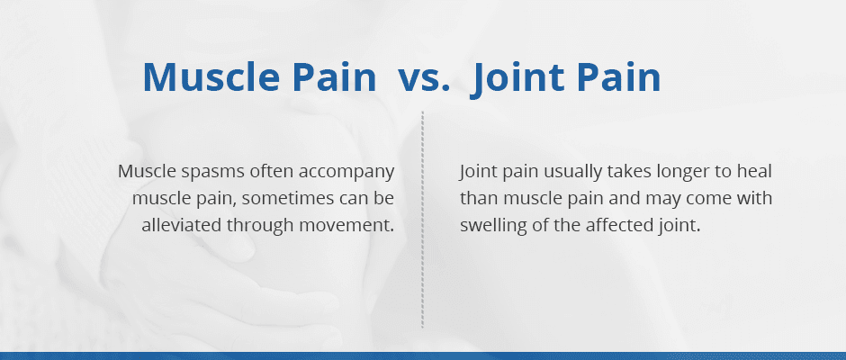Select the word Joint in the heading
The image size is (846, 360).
pos(515,78)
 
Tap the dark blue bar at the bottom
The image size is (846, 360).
pos(423,355)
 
